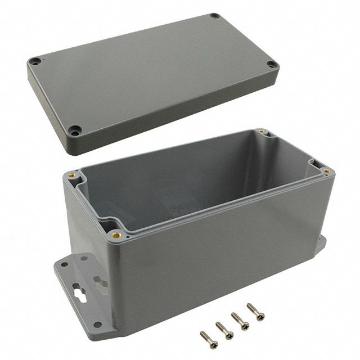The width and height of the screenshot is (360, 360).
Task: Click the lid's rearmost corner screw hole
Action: click(x=214, y=16)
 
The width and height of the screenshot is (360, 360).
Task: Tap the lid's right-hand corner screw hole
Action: click(x=271, y=65)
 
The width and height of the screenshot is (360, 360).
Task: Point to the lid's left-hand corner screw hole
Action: click(x=35, y=60)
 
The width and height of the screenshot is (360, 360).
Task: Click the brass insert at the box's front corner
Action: click(x=116, y=234)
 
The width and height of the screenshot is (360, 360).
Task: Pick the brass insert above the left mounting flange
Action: click(x=71, y=175)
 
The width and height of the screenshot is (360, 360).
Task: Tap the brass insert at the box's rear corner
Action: click(x=261, y=132)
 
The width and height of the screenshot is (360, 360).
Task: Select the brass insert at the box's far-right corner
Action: click(x=326, y=170)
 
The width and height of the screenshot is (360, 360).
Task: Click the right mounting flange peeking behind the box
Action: click(x=320, y=245)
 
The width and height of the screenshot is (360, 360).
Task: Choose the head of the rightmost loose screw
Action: click(x=251, y=308)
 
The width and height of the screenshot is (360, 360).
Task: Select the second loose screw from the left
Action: click(x=220, y=327)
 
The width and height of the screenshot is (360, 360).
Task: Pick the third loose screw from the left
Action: click(x=236, y=317)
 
